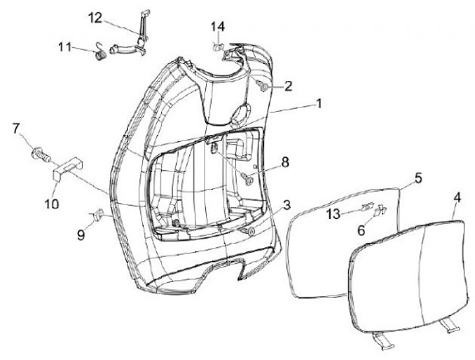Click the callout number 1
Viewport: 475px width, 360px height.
(318, 104)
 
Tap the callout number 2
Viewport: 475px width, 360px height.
(288, 86)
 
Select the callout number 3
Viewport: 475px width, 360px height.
(287, 206)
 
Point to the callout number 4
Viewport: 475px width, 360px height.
(457, 198)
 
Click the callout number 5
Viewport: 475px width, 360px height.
(418, 177)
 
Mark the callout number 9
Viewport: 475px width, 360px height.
(80, 233)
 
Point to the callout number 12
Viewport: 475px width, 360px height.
(96, 17)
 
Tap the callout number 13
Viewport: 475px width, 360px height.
(332, 214)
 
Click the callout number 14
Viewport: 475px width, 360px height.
(218, 26)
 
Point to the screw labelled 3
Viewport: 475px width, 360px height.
(250, 231)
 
